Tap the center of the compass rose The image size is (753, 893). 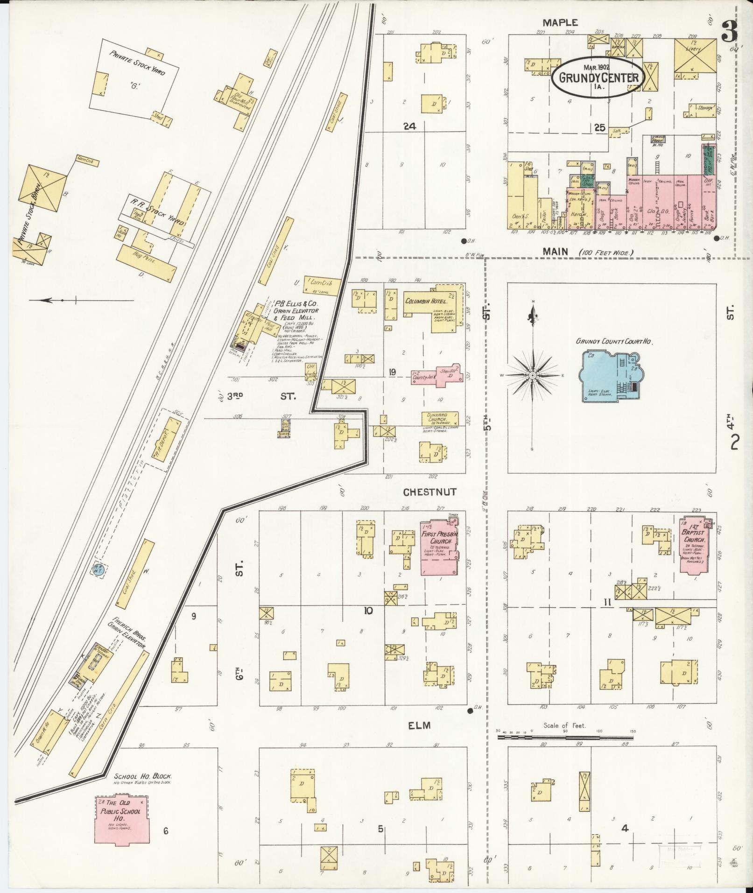[x=533, y=375]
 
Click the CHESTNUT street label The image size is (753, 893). [x=429, y=492]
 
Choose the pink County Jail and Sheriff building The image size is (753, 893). [x=436, y=374]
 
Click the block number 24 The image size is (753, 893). [x=410, y=126]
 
